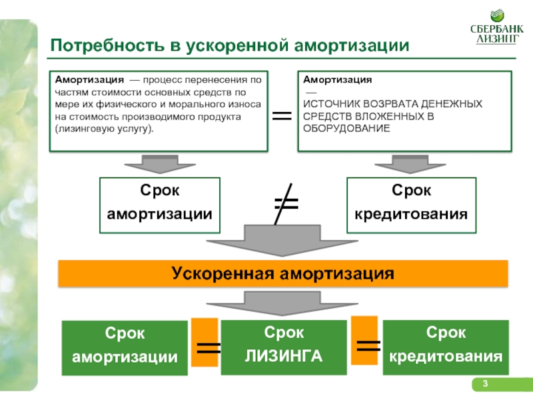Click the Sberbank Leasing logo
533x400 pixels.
point(496,27)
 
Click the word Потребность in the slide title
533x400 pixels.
point(107,45)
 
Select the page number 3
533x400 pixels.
point(485,384)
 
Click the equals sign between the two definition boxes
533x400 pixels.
point(282,116)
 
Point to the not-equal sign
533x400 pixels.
point(286,204)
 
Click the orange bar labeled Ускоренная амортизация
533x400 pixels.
point(282,273)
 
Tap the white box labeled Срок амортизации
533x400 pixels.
point(160,205)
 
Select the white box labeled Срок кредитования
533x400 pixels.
point(411,205)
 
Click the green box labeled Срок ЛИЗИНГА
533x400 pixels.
point(284,347)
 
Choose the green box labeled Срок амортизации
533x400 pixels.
point(125,348)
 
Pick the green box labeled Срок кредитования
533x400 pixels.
point(446,347)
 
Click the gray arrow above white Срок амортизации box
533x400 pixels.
point(160,164)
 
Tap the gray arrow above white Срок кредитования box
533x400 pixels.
point(410,164)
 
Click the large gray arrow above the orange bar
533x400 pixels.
point(282,241)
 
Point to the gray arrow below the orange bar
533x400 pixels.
point(282,303)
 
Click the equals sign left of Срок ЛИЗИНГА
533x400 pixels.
point(209,347)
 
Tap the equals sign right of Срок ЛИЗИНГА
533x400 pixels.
point(368,346)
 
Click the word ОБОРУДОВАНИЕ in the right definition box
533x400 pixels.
point(346,129)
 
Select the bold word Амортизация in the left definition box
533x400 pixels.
point(89,80)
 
